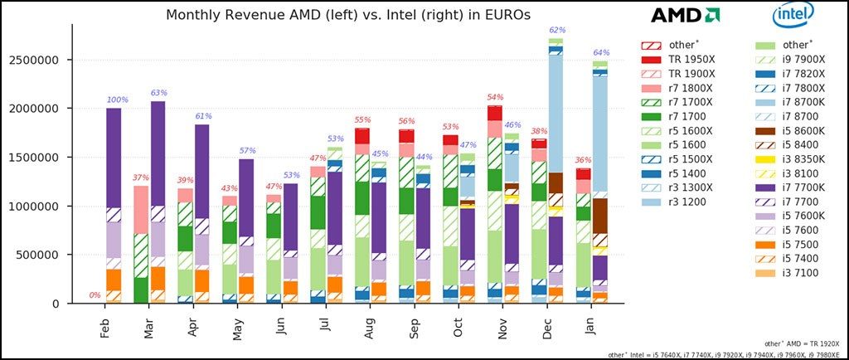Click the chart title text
tap(347, 15)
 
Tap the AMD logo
tap(684, 15)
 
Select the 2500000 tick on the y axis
tap(36, 60)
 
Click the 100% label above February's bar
tap(117, 100)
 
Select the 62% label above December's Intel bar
tap(557, 31)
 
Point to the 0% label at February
tap(95, 295)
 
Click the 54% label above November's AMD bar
tap(496, 97)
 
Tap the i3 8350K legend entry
tap(790, 159)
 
